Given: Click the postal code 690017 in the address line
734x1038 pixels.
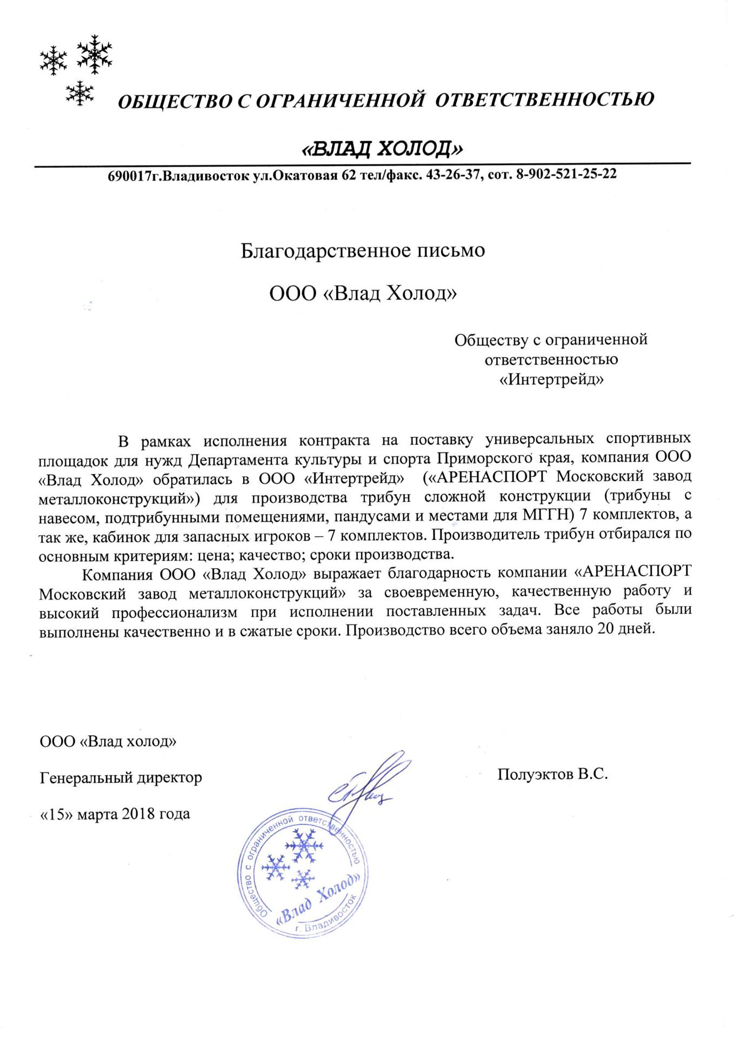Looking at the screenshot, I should pyautogui.click(x=128, y=175).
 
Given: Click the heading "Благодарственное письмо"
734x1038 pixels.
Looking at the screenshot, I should pyautogui.click(x=363, y=251).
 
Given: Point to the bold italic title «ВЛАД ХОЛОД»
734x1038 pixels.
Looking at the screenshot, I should pyautogui.click(x=382, y=147).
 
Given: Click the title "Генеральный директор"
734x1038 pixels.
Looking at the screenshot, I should pyautogui.click(x=121, y=777).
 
